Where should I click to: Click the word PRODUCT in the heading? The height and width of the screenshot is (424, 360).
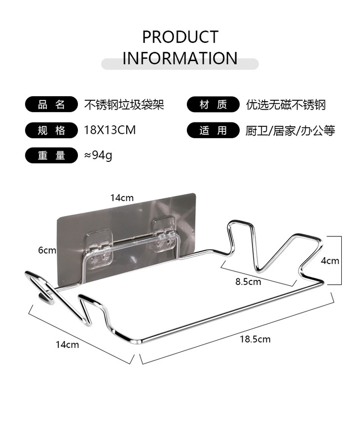pos(180,37)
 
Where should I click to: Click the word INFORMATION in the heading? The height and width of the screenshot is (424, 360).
pos(180,58)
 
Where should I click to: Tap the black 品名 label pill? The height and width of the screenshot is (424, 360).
pos(51,105)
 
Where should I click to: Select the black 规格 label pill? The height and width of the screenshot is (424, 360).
pos(51,130)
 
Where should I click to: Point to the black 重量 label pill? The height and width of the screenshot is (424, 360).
pos(51,155)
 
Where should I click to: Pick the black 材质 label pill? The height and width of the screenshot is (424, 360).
pos(213,105)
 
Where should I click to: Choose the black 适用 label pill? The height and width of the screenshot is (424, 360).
pos(213,130)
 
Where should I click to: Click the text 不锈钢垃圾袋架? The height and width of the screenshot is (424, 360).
pos(124,105)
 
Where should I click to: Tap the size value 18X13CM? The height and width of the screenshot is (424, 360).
pos(109,130)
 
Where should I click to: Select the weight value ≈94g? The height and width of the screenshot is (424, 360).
pos(98,155)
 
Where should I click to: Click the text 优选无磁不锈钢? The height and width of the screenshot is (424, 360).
pos(286,105)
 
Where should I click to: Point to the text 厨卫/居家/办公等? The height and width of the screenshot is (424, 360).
pos(290,131)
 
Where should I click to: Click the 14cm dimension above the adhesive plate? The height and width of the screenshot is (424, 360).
pos(122,198)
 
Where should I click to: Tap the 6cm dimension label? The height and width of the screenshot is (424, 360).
pos(47,250)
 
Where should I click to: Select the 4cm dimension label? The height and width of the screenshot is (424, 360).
pos(330,261)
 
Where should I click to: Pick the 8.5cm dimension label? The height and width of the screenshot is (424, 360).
pos(248,282)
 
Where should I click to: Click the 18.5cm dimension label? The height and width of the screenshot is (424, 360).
pos(255,339)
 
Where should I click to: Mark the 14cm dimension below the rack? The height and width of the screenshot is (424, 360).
pos(67,345)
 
